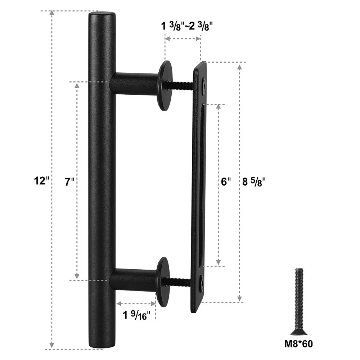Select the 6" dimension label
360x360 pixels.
click(225, 182)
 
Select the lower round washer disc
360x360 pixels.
click(162, 280)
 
